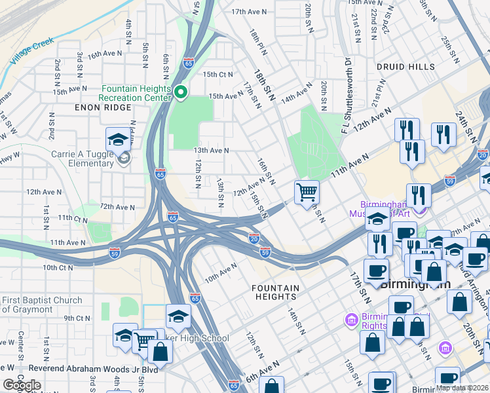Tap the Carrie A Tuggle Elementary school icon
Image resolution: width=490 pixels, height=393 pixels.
pos(119,140)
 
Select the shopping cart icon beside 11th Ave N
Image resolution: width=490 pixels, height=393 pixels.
pos(307,193)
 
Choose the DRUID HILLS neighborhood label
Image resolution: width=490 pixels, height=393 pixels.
pos(405,67)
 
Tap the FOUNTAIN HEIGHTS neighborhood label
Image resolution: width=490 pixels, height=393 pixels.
pos(276,292)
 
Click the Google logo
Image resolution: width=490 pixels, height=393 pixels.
pos(22,385)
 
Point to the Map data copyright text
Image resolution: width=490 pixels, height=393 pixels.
pos(461,388)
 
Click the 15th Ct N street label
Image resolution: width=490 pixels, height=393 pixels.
pos(217,75)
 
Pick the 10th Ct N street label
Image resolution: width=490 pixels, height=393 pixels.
pos(58,267)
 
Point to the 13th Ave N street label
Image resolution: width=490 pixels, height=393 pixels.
pos(210,150)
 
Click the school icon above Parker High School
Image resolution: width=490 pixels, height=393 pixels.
pos(178,317)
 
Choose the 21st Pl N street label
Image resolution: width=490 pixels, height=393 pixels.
pos(378,96)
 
